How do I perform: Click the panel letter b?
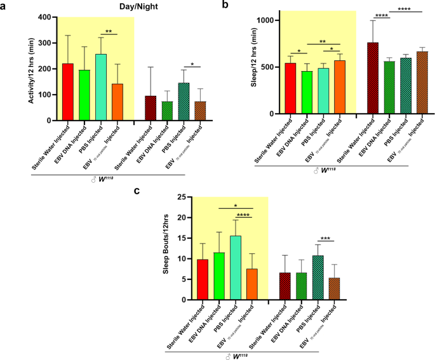tap(224, 6)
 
